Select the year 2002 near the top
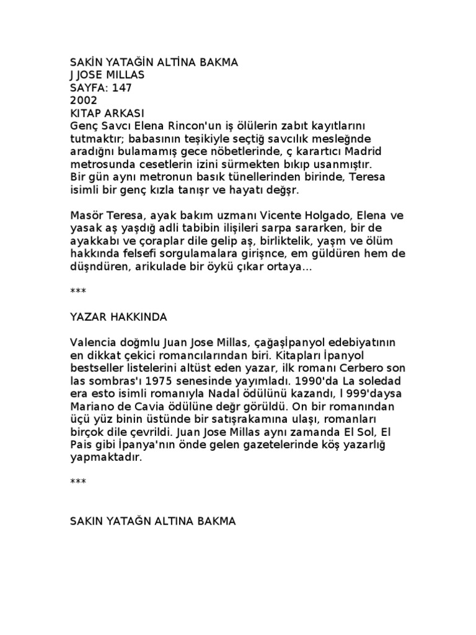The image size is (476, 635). (84, 100)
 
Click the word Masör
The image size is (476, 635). (87, 216)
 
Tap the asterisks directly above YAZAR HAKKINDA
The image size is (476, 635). (79, 291)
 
